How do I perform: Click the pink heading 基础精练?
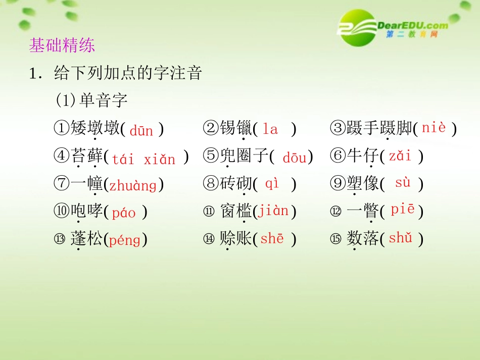click(x=62, y=46)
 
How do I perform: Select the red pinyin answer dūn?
click(x=141, y=131)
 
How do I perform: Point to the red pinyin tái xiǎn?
click(x=143, y=160)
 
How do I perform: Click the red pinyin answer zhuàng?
click(x=133, y=185)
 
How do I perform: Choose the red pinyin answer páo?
click(x=124, y=213)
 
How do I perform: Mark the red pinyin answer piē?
click(x=402, y=210)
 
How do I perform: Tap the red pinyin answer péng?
click(x=124, y=240)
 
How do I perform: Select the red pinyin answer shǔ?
click(x=401, y=238)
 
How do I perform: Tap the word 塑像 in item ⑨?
click(x=363, y=184)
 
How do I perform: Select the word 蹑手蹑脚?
click(x=379, y=129)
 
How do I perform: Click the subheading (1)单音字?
click(x=91, y=100)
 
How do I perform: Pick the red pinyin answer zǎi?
click(x=400, y=156)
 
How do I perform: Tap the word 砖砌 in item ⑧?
click(x=236, y=184)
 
